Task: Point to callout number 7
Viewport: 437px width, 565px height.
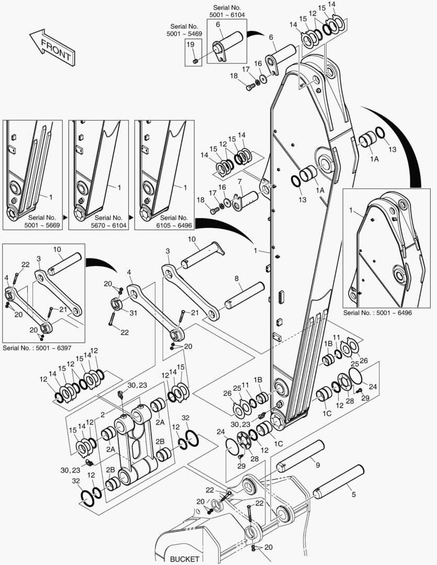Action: (x=239, y=181)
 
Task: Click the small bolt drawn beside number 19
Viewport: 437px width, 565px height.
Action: (x=195, y=61)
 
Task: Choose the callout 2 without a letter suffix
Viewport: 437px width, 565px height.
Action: (x=103, y=414)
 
